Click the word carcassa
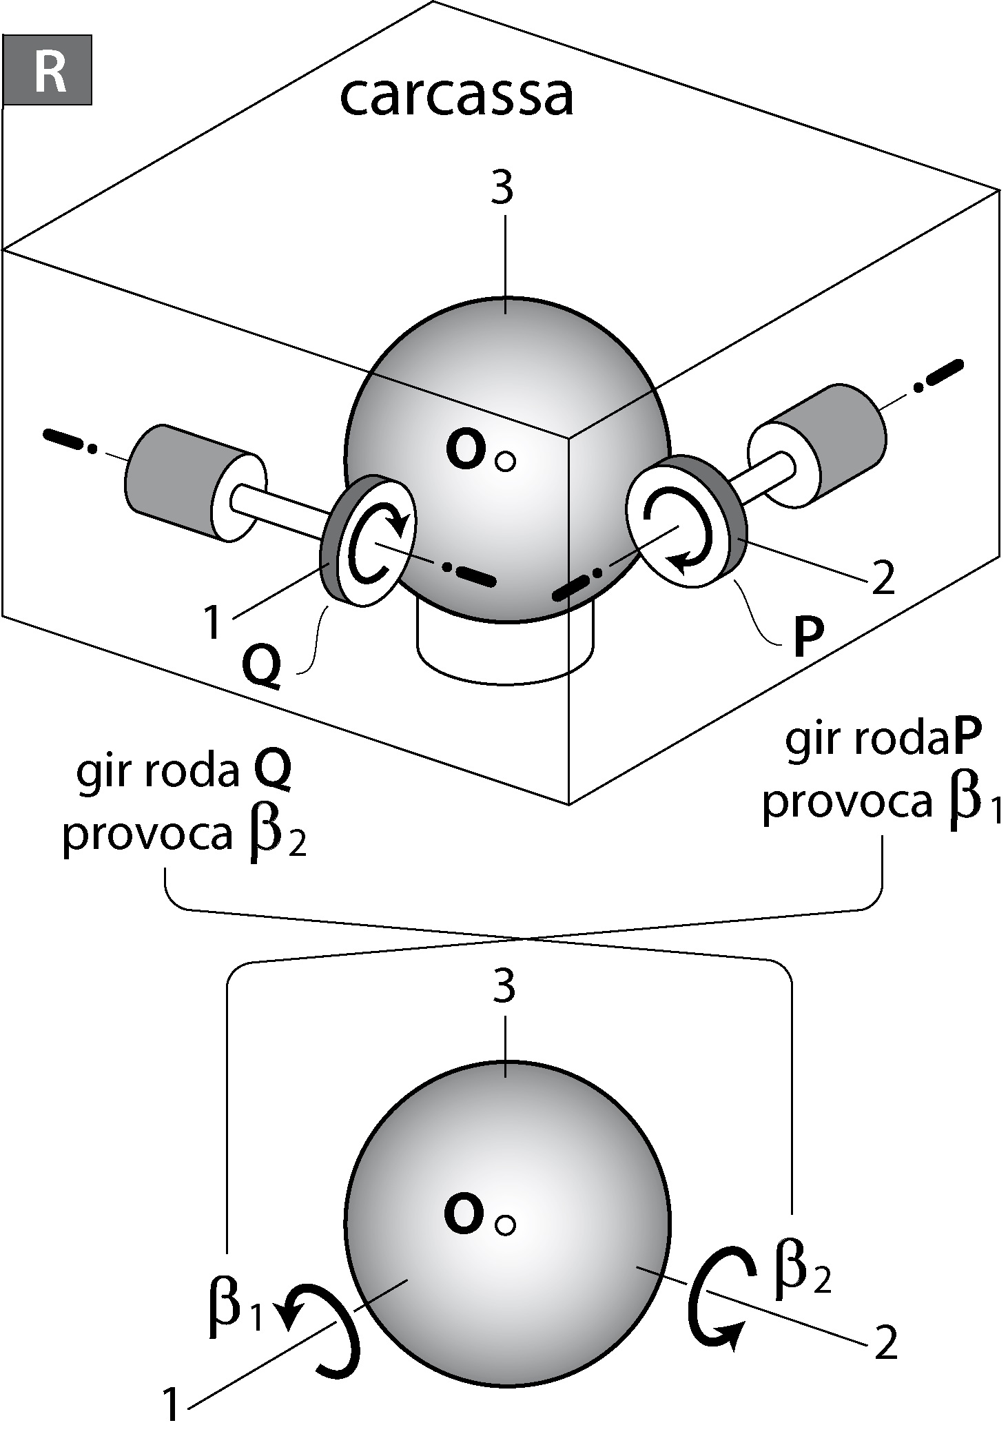pyautogui.click(x=456, y=96)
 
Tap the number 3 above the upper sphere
pyautogui.click(x=503, y=187)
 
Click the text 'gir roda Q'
pyautogui.click(x=183, y=773)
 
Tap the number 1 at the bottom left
pyautogui.click(x=171, y=1404)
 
